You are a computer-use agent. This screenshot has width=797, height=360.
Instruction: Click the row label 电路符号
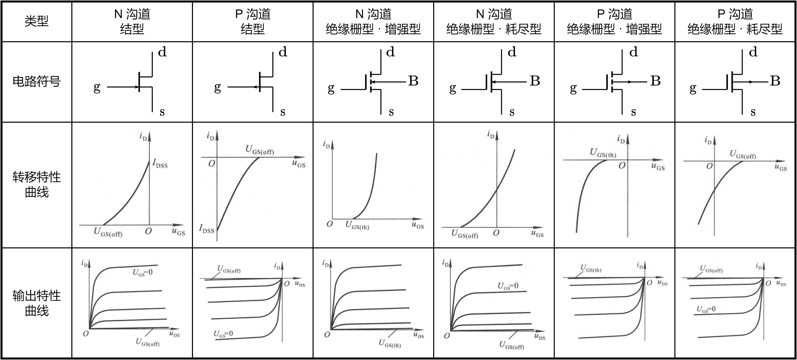click(x=37, y=81)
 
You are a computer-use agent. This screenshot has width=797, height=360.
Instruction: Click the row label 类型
click(x=37, y=21)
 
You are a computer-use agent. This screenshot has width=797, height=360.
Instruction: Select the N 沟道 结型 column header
click(x=132, y=21)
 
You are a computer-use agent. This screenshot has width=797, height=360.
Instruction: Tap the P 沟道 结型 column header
click(x=253, y=21)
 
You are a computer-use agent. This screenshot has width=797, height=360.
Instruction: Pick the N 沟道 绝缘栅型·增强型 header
click(x=373, y=21)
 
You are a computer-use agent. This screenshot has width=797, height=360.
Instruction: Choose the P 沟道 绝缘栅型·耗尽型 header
click(x=735, y=21)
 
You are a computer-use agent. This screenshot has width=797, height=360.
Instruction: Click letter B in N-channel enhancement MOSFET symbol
click(x=413, y=81)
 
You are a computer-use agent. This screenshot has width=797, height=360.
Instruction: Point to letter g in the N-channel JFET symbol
click(x=97, y=88)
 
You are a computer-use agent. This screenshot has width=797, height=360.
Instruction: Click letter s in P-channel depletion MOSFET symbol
click(x=753, y=112)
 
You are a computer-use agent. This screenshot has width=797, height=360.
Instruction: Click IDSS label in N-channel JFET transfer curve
click(x=160, y=164)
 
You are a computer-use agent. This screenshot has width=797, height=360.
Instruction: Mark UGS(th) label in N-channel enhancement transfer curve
click(x=357, y=225)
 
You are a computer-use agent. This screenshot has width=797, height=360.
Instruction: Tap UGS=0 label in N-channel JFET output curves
click(x=143, y=272)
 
